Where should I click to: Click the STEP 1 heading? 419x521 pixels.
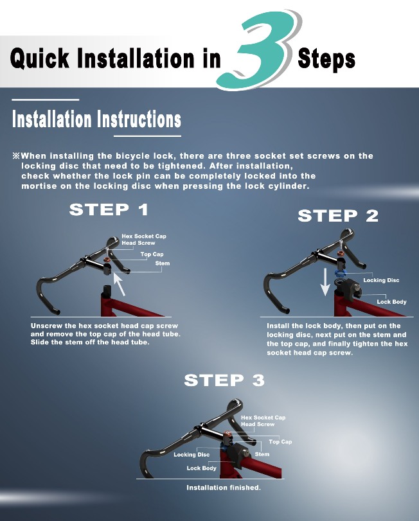109,209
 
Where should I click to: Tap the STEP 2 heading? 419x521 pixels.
338,216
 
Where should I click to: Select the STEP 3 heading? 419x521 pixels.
224,380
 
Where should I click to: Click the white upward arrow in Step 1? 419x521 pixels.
120,285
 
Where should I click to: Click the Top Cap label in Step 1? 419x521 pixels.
152,254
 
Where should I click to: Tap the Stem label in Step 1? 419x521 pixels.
163,263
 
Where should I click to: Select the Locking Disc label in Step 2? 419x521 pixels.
381,280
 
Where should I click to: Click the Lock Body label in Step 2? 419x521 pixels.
391,302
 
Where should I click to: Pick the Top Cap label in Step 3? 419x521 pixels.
280,441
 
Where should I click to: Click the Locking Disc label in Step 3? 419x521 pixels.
192,455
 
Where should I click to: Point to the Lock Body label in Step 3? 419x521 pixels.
201,468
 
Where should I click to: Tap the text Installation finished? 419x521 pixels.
224,488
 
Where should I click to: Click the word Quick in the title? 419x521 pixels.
40,58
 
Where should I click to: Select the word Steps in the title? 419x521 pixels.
326,59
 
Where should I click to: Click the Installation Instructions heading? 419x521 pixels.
96,119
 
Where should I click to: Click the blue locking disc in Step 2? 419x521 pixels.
340,273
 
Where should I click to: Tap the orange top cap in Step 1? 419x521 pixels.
107,259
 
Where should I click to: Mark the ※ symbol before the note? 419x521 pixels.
16,155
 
